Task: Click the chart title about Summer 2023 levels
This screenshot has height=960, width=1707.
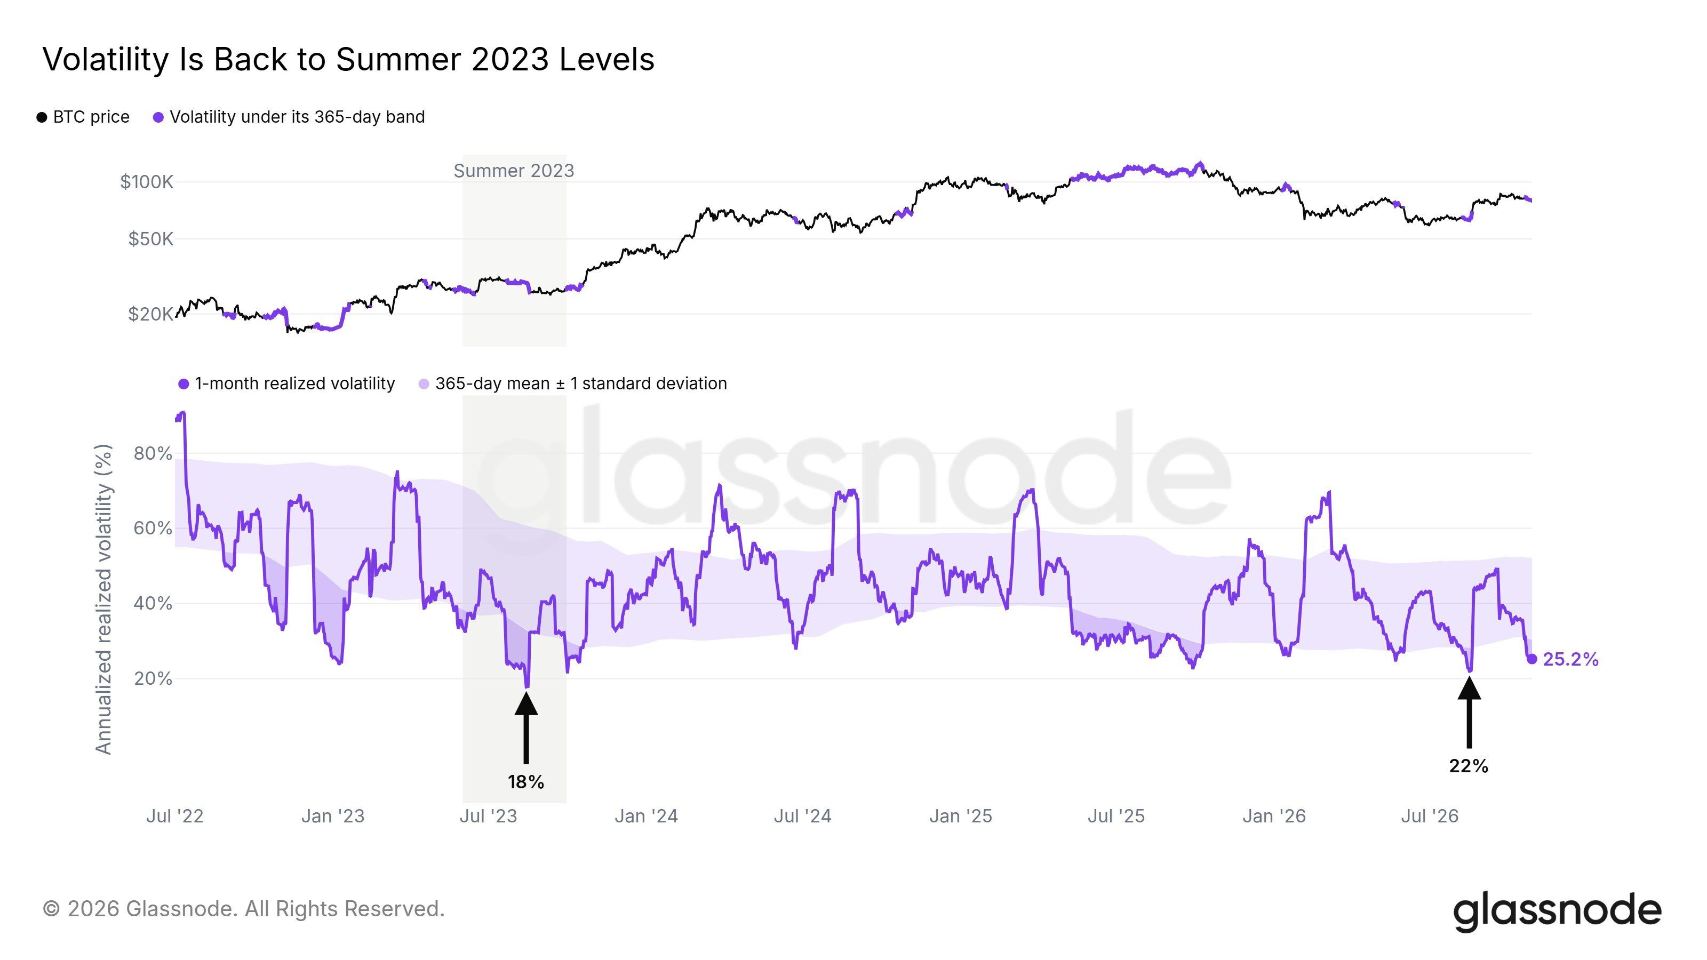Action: pos(348,60)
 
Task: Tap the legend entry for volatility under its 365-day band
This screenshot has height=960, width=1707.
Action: pos(289,117)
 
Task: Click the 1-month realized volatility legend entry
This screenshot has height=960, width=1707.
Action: pos(286,383)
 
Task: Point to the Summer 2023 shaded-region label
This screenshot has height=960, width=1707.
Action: pos(514,171)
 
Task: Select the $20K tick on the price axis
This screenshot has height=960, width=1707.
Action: pos(150,314)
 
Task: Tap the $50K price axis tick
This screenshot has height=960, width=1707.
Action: pos(150,238)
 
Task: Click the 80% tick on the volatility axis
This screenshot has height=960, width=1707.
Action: pos(153,454)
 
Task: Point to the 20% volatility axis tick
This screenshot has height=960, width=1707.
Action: pos(153,678)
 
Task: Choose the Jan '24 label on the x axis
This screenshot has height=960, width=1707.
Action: pos(646,816)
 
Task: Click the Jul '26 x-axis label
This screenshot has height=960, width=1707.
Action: pos(1430,816)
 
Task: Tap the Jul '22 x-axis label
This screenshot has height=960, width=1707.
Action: pos(175,816)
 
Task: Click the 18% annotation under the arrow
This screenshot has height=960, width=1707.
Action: pos(526,782)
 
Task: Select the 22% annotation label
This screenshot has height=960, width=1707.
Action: pos(1469,766)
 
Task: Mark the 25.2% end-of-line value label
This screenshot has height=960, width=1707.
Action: pos(1570,659)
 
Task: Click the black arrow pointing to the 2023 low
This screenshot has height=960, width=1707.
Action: pos(526,727)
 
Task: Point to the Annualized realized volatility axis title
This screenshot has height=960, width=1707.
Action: pos(104,599)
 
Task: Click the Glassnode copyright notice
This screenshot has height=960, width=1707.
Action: pos(244,909)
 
